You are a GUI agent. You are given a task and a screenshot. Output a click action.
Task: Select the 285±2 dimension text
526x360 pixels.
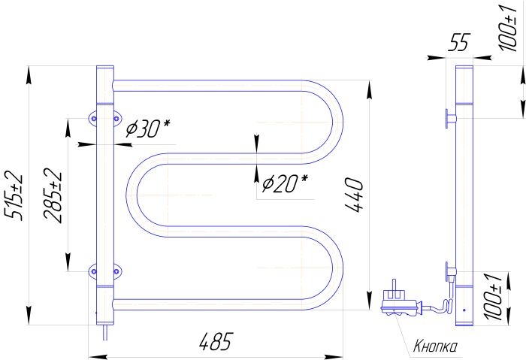point(53,195)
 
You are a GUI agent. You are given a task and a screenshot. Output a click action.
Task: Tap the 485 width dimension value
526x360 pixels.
point(216,342)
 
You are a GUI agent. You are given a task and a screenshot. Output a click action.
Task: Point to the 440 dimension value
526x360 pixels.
point(354,195)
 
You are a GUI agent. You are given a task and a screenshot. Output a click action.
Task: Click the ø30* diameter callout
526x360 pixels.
point(148,129)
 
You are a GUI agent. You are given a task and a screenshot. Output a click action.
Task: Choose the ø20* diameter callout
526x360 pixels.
point(285,183)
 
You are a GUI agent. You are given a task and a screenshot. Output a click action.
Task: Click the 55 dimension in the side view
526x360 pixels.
point(460,42)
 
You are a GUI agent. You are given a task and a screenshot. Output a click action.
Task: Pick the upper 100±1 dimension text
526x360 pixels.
point(509,28)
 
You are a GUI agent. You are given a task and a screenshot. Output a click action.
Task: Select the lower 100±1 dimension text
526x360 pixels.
point(493,297)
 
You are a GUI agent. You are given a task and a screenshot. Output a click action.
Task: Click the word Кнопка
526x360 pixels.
point(435,346)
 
